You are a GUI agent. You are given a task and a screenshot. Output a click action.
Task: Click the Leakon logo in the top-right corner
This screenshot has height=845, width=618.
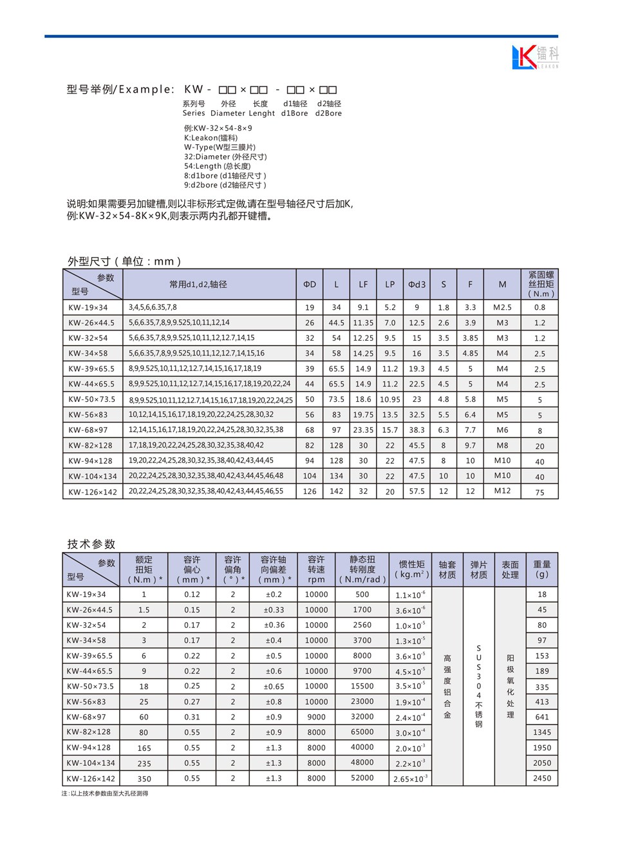(535, 57)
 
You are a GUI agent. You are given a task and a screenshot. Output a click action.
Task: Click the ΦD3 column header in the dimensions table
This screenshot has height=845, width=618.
(417, 284)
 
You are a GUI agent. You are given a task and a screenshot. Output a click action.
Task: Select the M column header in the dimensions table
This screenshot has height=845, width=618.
(502, 284)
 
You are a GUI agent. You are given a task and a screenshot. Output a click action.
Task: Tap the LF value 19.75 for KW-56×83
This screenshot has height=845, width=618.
(363, 415)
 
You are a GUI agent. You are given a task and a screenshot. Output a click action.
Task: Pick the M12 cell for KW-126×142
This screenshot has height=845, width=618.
(502, 491)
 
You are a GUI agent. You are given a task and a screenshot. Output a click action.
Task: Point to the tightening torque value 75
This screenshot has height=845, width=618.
(539, 492)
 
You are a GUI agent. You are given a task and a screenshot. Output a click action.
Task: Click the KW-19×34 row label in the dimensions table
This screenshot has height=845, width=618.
(88, 308)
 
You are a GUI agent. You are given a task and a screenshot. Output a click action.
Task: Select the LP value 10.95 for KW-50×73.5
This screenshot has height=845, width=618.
(390, 399)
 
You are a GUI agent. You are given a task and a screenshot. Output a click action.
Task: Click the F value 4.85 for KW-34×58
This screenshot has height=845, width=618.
(470, 354)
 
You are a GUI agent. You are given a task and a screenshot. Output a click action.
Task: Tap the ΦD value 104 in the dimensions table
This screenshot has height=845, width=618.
(310, 476)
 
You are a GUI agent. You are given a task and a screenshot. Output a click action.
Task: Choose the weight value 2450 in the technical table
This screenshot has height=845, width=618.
(542, 778)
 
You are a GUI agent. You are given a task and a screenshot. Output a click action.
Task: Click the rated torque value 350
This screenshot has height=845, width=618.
(144, 779)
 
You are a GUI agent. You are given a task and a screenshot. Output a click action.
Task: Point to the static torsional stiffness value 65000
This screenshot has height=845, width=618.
(362, 732)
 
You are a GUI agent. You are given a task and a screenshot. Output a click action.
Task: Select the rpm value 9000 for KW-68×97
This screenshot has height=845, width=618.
(316, 717)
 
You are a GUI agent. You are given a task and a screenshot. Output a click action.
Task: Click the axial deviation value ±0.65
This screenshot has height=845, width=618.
(274, 687)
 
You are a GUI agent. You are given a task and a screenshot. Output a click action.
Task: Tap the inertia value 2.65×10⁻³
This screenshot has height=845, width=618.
(410, 779)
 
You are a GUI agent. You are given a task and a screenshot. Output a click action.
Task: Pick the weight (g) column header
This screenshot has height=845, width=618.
(542, 569)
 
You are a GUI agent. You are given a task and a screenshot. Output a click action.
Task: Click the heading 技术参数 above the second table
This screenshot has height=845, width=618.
(91, 544)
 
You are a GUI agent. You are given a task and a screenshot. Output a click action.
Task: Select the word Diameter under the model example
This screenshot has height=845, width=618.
(228, 113)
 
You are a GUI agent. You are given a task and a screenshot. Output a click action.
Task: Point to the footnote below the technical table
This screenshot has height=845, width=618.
(105, 793)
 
